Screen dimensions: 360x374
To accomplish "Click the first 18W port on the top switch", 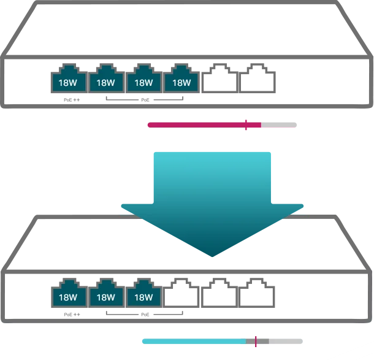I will pyautogui.click(x=67, y=81).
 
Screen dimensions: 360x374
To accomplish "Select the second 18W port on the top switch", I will pyautogui.click(x=105, y=81).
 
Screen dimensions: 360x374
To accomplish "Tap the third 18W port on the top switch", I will pyautogui.click(x=143, y=81).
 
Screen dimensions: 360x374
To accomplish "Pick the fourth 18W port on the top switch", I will pyautogui.click(x=181, y=81).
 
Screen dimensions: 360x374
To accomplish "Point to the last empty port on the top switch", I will pyautogui.click(x=260, y=81).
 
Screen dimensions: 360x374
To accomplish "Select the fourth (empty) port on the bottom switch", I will pyautogui.click(x=181, y=296).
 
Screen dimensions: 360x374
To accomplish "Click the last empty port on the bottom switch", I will pyautogui.click(x=260, y=296).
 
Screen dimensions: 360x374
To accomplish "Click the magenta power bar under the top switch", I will pyautogui.click(x=196, y=124).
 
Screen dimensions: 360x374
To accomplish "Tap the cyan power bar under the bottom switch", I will pyautogui.click(x=196, y=342).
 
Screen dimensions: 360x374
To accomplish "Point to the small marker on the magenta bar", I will pyautogui.click(x=249, y=124).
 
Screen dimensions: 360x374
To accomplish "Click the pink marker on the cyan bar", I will pyautogui.click(x=257, y=341).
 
